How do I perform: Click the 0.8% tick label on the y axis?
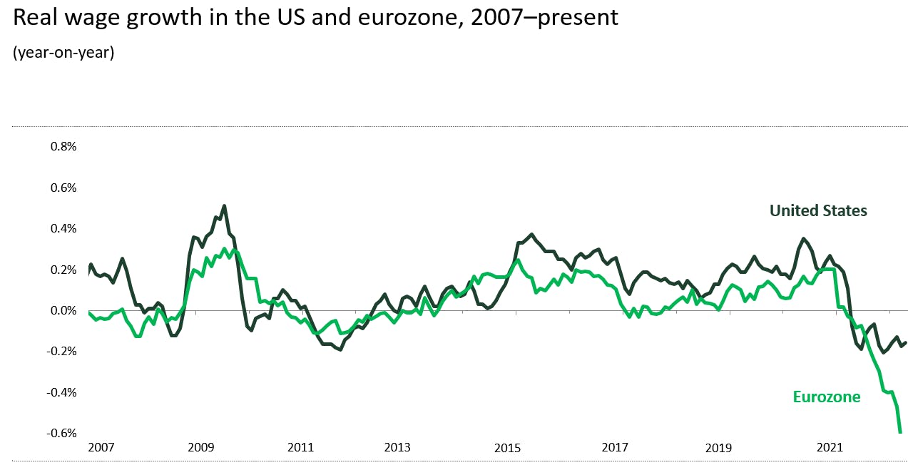click(63, 147)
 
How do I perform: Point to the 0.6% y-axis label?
click(63, 188)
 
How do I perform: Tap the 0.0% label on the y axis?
click(63, 311)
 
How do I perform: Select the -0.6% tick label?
click(62, 434)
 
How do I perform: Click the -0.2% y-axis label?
click(62, 352)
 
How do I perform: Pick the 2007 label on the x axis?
click(101, 448)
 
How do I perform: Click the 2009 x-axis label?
click(200, 448)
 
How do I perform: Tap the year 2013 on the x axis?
click(397, 448)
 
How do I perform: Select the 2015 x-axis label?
click(507, 448)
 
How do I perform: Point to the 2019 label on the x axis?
click(718, 448)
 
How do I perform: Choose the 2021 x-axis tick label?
click(829, 448)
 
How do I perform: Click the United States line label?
click(818, 210)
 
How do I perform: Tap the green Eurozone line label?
click(827, 397)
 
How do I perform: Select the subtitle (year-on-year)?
click(63, 53)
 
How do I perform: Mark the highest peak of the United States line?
click(224, 206)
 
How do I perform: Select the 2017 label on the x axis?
click(615, 448)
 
